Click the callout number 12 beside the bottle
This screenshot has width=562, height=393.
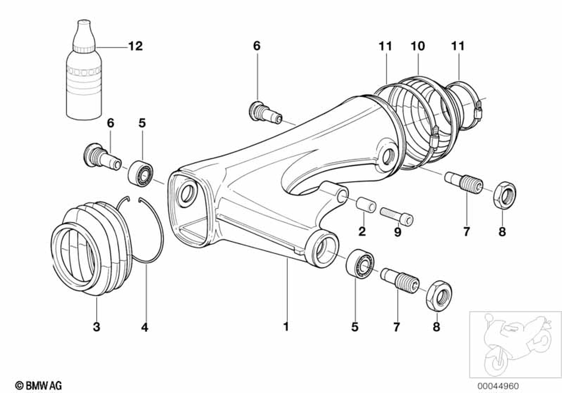pyautogui.click(x=135, y=46)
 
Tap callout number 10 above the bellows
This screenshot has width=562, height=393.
pyautogui.click(x=418, y=45)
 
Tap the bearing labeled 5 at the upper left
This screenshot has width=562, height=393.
pyautogui.click(x=141, y=171)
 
